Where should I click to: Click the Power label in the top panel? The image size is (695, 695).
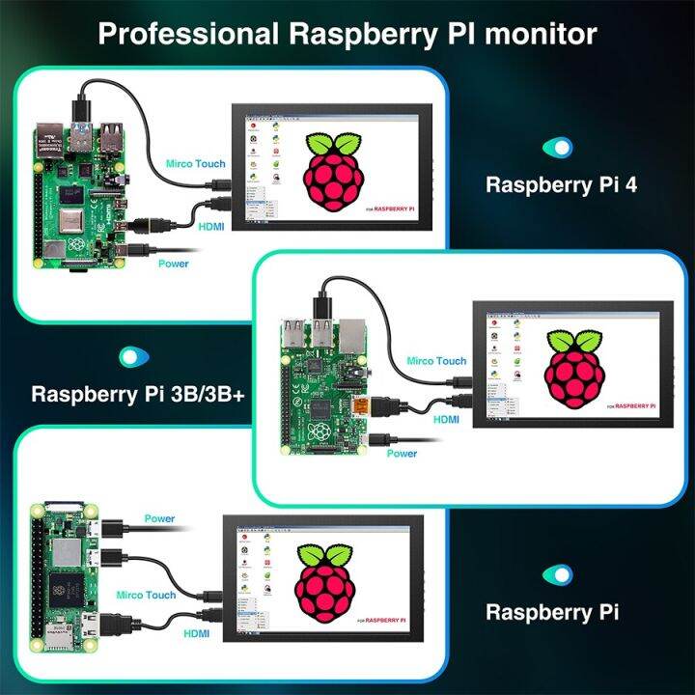click(173, 264)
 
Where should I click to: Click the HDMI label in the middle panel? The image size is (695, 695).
click(446, 419)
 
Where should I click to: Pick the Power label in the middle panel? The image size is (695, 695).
click(402, 453)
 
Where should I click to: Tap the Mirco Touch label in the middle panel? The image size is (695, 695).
click(435, 360)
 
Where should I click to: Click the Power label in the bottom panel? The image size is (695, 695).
click(159, 518)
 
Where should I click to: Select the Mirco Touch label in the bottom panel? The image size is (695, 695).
click(146, 595)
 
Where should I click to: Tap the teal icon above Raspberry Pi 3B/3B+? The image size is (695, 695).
click(127, 356)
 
